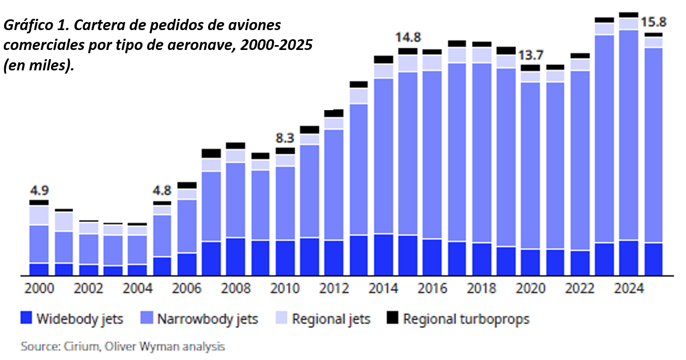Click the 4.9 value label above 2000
(39, 191)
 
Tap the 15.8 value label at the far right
(653, 23)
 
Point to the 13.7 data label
(531, 55)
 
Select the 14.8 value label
(408, 37)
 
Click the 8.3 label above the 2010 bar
(285, 137)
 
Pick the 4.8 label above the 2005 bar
(162, 191)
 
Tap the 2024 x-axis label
(629, 289)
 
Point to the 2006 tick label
(187, 289)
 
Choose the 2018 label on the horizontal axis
(482, 289)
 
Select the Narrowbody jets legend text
(208, 319)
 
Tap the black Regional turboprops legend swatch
(392, 319)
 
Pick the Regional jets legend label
(331, 319)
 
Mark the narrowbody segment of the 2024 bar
(629, 134)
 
